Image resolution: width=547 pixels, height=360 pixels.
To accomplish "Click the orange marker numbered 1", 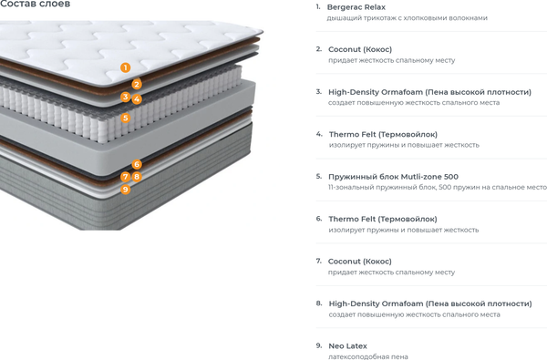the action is point(126,67).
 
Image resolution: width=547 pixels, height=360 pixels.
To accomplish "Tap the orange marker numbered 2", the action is point(137,84).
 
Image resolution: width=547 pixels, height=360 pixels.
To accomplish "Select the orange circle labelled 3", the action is point(126,97).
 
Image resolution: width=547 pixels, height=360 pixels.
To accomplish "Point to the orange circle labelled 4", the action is point(137,99).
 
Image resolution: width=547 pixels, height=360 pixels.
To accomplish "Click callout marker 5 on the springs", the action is point(126,118).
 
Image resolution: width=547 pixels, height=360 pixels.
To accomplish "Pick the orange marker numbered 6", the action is point(137,164).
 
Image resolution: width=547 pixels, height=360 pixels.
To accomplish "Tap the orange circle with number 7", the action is point(126,177).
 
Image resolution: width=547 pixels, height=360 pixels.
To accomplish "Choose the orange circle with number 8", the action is point(137,177).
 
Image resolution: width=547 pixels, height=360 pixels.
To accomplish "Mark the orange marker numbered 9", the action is point(126,190).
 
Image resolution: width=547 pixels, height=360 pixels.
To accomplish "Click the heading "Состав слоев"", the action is point(35,4).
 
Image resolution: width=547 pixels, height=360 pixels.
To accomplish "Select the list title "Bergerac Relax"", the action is point(356,7).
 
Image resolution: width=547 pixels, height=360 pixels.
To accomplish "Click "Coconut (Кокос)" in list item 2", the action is point(360,49).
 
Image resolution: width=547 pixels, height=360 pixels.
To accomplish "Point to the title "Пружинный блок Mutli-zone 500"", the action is point(393,177).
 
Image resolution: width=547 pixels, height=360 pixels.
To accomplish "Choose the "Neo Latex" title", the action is point(348,346).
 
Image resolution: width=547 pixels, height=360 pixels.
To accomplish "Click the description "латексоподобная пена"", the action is point(368,356).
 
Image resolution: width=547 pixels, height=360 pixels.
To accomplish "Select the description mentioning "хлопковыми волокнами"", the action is point(408,18).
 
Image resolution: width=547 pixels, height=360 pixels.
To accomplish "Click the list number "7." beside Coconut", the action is point(319,261).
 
